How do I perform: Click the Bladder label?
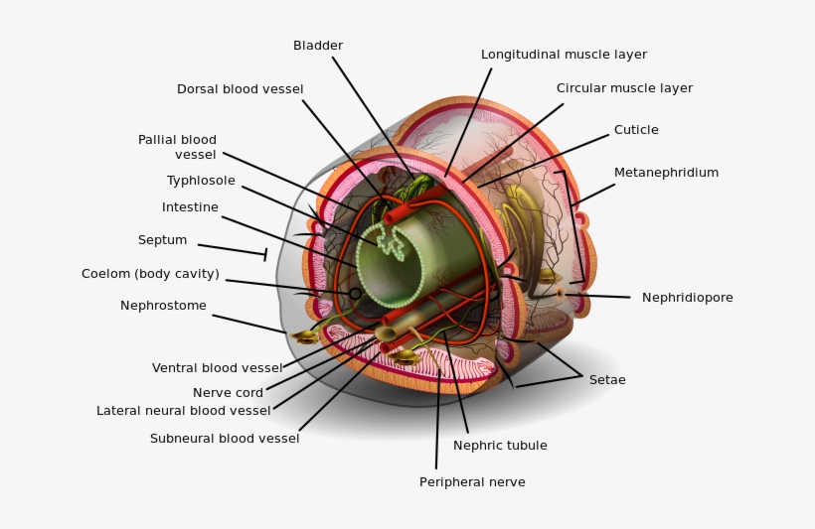(x=318, y=46)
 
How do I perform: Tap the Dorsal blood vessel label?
(x=240, y=89)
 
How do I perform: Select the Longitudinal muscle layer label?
(x=564, y=55)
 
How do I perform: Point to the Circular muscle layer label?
(x=624, y=88)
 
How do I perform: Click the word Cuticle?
(x=636, y=130)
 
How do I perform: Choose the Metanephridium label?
(x=666, y=173)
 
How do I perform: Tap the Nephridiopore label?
(x=687, y=298)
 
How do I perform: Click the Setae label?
(x=607, y=379)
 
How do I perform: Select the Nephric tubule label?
(x=500, y=446)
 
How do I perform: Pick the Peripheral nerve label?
(x=472, y=482)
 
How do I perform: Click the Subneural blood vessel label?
(x=225, y=439)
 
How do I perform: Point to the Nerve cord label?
(x=228, y=393)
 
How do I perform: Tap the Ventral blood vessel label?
(x=217, y=368)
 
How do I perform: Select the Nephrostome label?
(x=163, y=306)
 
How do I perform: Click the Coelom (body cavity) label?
(x=150, y=275)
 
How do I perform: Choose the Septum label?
(x=162, y=240)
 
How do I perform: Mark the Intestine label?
(x=190, y=207)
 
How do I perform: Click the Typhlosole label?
(x=201, y=181)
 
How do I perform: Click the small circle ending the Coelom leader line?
(x=355, y=294)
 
